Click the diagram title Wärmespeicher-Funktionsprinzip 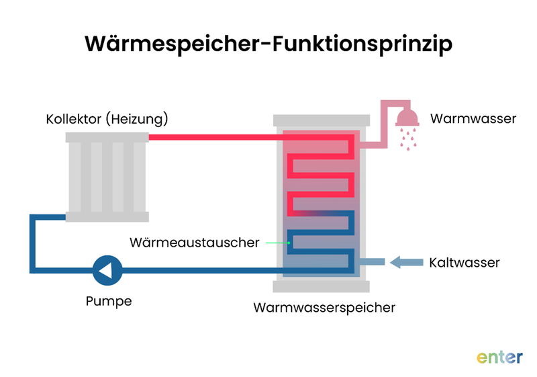[268, 44]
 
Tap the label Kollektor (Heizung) [107, 120]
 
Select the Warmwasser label [473, 119]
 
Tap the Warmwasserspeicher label [324, 308]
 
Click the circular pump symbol [107, 270]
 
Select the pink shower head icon [407, 118]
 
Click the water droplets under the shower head [407, 138]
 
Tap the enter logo [499, 356]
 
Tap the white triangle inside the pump [106, 270]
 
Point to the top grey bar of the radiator [107, 137]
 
